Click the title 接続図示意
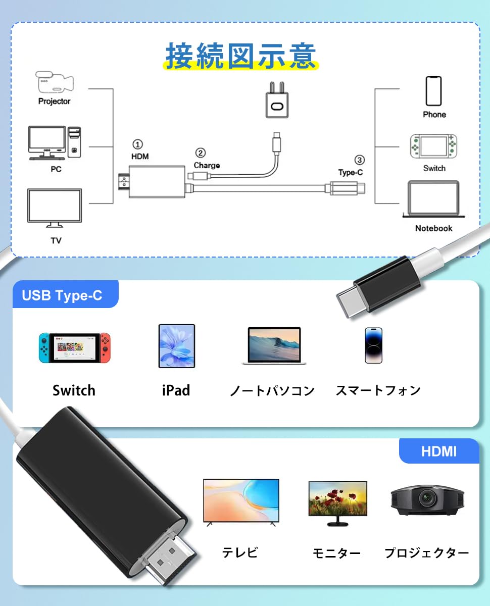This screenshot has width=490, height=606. coord(240,56)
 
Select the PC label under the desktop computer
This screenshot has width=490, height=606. coord(56,169)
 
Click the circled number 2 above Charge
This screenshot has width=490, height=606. coord(200,153)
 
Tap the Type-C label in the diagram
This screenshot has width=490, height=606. coord(351,172)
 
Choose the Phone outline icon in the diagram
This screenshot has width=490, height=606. coord(433,91)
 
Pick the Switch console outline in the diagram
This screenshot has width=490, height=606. coord(434,146)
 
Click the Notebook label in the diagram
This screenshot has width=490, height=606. coord(433,228)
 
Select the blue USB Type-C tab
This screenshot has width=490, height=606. coord(63,295)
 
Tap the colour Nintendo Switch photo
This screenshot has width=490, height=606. coord(74,347)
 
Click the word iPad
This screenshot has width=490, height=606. coord(176,390)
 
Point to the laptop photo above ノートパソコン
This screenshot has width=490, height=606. coord(274,346)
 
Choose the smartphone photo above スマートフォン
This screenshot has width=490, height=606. coord(374,345)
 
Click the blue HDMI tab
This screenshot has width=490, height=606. coord(438,451)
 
